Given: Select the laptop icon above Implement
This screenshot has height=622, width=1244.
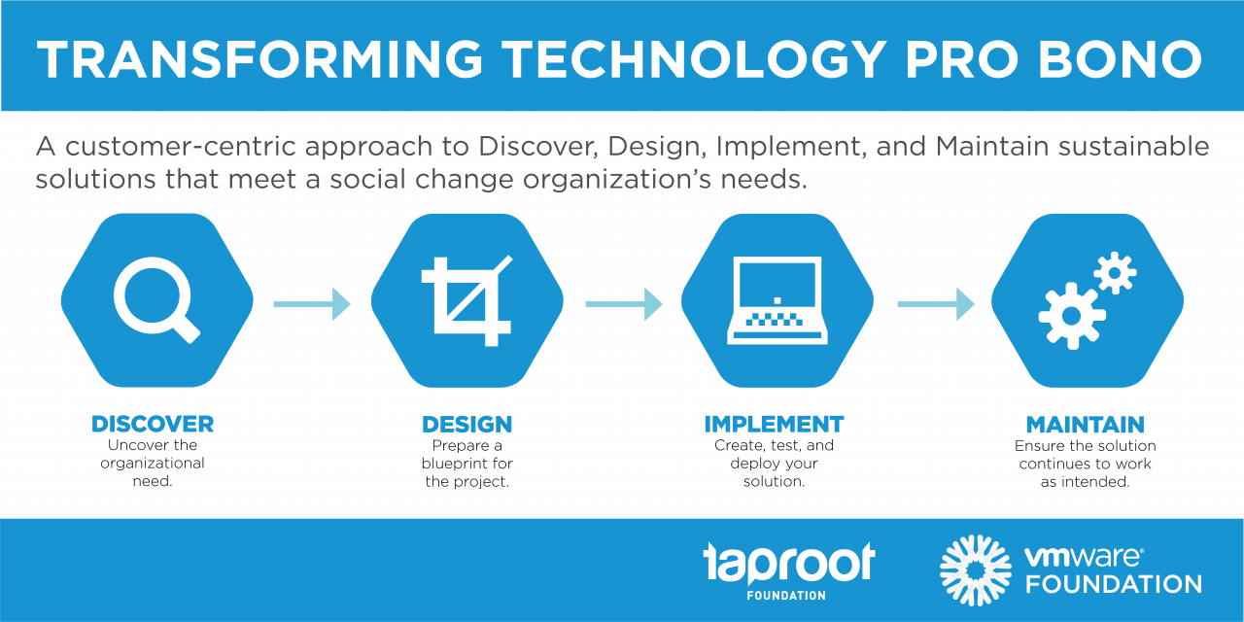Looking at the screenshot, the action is coord(777,300).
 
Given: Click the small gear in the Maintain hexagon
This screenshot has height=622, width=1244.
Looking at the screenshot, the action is coord(1115,273).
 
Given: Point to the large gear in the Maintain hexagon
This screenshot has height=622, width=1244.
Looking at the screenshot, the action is coord(1072,316).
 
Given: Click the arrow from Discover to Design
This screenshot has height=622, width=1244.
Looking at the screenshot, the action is coord(312,304).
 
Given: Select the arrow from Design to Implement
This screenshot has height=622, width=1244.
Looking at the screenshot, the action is coord(624,304).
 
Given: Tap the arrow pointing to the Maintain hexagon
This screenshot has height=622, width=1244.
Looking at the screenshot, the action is coord(936,304).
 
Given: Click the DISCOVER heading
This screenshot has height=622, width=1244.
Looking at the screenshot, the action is coord(153,425).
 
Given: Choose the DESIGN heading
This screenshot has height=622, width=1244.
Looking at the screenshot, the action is coord(467,425).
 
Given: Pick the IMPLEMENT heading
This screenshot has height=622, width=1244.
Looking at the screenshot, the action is coord(775,425).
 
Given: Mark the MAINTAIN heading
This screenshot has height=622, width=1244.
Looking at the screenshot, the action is coord(1086,425).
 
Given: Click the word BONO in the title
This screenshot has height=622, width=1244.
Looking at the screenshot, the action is coord(1121,59).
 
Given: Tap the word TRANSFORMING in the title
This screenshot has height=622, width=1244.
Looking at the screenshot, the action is coord(259,59).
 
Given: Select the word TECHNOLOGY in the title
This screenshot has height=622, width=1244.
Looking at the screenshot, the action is coord(695,59).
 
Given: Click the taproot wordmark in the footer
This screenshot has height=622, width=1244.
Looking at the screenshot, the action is coord(789,563).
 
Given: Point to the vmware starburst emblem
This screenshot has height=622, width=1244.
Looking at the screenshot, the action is coord(975,570).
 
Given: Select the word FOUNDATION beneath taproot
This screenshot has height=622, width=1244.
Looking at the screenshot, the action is coord(786,596).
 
